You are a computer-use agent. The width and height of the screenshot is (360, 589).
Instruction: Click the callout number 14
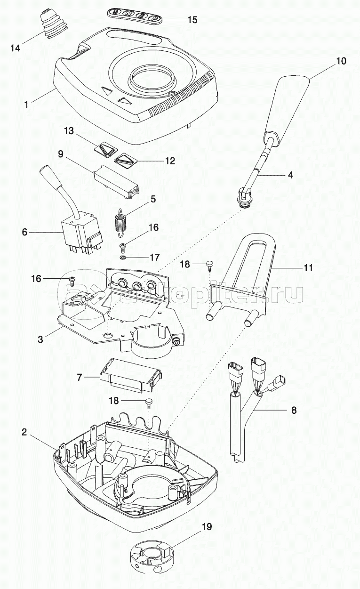pos(16,48)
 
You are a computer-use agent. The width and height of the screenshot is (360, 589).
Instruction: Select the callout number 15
pos(192,20)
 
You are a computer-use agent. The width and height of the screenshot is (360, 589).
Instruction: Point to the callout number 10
pos(341,61)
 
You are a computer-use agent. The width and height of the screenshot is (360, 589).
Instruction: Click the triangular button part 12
pos(126,161)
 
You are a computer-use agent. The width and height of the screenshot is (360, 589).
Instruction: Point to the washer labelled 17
pos(122,258)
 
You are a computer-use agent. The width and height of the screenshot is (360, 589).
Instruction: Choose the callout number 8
pos(294,410)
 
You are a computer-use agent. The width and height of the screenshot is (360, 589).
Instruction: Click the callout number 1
pos(27,104)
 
